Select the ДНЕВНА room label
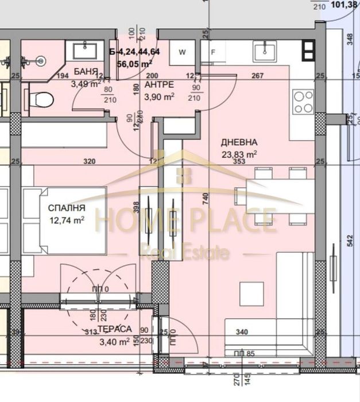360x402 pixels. [239, 142]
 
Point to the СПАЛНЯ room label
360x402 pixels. [67, 208]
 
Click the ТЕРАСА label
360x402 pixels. [114, 329]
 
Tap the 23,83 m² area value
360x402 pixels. [239, 153]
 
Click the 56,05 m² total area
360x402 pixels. [134, 64]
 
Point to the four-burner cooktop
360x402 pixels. [303, 102]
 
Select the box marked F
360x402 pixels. [212, 52]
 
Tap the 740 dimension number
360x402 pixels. [205, 197]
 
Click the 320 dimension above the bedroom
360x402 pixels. [89, 162]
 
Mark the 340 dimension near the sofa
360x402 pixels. [242, 331]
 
